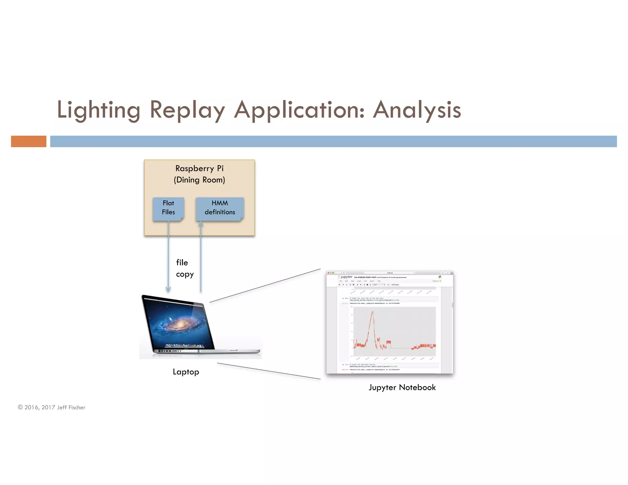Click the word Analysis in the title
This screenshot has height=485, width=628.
[417, 110]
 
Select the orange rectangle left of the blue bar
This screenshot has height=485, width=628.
[29, 141]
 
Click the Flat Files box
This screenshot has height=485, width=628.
[168, 208]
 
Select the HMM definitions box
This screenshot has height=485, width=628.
[220, 208]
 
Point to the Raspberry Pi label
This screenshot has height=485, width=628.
[199, 168]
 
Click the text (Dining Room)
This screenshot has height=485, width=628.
[199, 180]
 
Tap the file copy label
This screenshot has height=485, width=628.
[184, 268]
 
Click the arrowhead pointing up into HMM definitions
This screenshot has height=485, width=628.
[201, 224]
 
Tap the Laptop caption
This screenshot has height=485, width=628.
[186, 372]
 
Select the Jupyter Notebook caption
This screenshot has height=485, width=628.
[402, 388]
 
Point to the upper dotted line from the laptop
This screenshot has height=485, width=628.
[265, 286]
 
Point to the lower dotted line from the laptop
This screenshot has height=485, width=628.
[268, 371]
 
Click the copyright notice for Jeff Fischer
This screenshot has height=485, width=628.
[52, 407]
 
